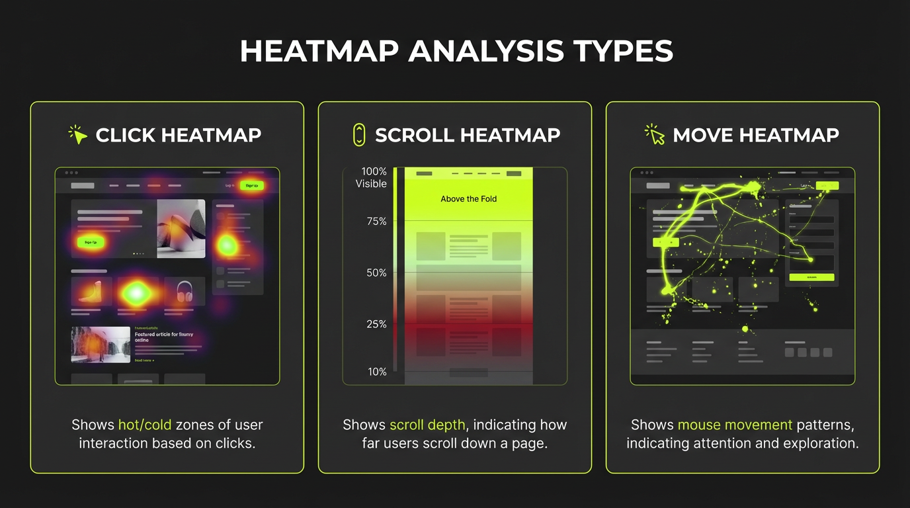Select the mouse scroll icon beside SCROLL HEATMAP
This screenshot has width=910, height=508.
[x=359, y=134]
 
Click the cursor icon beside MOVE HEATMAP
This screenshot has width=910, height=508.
[x=655, y=134]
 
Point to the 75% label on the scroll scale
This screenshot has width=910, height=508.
[x=376, y=221]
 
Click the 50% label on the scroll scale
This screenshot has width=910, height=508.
[x=376, y=273]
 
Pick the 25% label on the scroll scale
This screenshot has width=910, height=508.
[x=376, y=323]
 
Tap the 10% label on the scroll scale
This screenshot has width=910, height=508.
[x=377, y=372]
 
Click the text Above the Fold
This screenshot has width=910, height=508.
[x=468, y=198]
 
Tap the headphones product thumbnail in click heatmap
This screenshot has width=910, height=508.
[x=185, y=291]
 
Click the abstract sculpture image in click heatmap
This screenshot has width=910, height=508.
[x=181, y=228]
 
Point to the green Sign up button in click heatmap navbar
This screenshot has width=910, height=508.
[x=252, y=185]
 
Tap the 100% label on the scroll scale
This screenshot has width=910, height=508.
[x=374, y=171]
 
